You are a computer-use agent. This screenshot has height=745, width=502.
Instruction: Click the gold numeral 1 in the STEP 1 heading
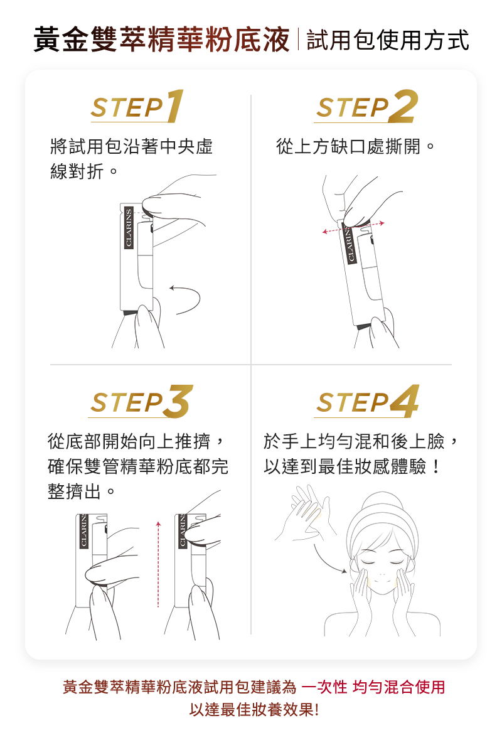pos(175,106)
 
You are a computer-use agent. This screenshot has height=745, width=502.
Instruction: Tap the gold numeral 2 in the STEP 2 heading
pos(403,106)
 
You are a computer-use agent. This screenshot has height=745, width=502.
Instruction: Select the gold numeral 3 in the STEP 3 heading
pos(177,402)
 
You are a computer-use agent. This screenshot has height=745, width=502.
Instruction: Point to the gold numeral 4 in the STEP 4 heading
pos(405,402)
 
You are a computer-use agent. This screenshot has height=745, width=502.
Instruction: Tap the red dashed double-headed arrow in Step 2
pos(353,227)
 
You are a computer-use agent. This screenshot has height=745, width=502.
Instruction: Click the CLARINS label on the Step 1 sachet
pos(128,228)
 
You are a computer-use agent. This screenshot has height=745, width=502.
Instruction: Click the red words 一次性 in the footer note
pos(325,687)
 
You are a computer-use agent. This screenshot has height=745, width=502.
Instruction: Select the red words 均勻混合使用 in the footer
pos(399,687)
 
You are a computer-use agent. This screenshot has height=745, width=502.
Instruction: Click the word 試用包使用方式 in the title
pos(388,40)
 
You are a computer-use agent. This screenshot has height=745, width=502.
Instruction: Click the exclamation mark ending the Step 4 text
pos(437,466)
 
